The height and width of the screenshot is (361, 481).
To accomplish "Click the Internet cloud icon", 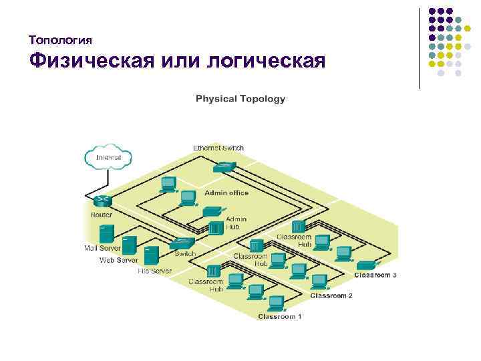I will coord(108,157).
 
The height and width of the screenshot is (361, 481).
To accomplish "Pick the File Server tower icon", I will coord(152,255).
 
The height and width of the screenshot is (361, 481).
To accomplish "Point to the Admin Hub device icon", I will coord(215,227).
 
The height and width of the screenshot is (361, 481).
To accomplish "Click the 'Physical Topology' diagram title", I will coord(240,99).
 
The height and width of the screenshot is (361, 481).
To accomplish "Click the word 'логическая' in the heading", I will coord(266,62).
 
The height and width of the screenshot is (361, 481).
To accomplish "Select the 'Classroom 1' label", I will coord(280,316).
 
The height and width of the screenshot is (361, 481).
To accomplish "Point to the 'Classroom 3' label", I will coord(375,275).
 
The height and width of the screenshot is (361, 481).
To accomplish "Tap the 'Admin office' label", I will coord(226,193).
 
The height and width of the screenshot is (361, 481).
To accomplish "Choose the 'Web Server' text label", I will coord(119,259).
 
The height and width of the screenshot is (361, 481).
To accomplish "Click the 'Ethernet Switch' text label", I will coord(218,148).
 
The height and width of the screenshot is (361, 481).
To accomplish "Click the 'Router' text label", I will coord(102,215).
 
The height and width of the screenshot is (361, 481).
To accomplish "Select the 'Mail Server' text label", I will coord(102,248).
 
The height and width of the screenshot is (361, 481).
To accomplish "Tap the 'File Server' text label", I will coord(154,271).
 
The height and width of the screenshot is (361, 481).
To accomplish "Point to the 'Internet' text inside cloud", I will coord(109,157).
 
